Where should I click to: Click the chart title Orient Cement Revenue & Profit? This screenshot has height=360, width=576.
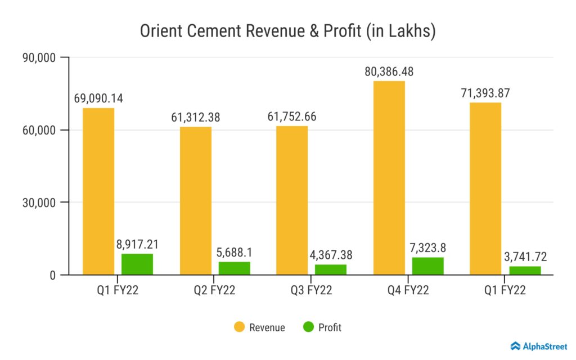coord(287,31)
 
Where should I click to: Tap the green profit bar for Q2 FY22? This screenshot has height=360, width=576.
coord(235,268)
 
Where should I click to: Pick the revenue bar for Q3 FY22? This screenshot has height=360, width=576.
coord(292,200)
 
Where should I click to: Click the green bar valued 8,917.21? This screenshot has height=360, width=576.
coord(137,264)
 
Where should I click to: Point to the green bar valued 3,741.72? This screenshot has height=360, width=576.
coord(525,271)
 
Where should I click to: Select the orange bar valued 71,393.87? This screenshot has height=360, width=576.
coord(485,188)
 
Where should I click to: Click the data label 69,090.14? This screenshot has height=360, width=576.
coord(98,98)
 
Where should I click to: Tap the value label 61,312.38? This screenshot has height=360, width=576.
coord(195,118)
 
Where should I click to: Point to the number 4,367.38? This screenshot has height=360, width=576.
coord(331,255)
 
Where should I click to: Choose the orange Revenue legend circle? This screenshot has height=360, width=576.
coord(238,327)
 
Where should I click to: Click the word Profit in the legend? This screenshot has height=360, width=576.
coord(330,327)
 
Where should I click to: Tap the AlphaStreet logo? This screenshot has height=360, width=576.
coord(539,346)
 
